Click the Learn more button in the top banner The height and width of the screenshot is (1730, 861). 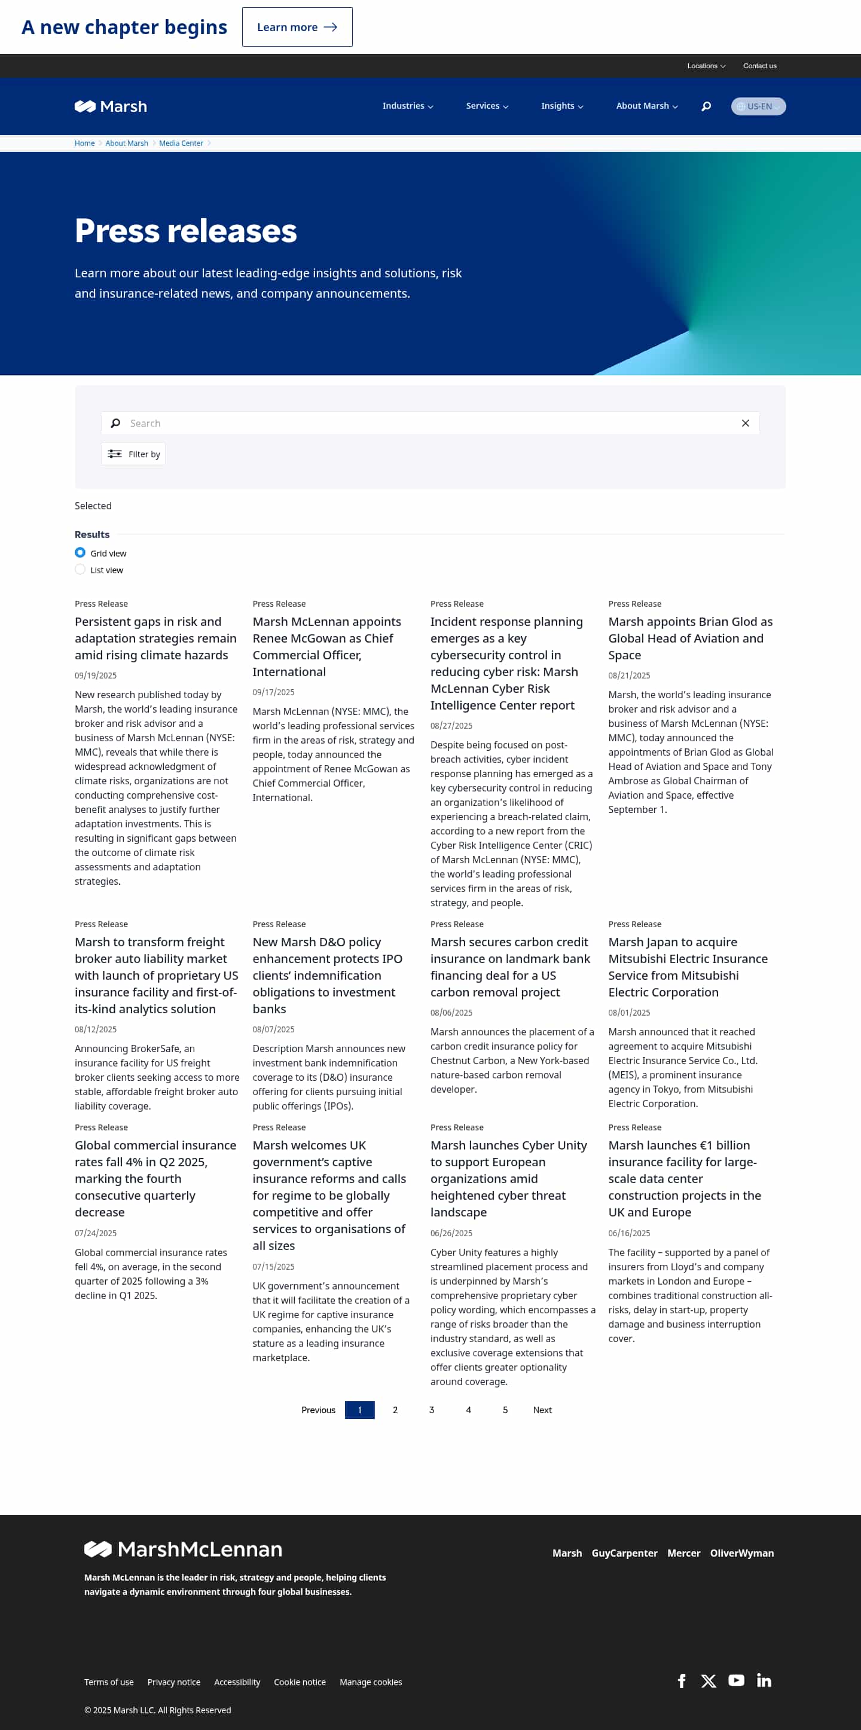click(297, 27)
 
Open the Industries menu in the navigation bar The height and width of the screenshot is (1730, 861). click(407, 106)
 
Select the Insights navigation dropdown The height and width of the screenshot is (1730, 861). click(561, 106)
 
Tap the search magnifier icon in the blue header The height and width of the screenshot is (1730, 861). click(706, 106)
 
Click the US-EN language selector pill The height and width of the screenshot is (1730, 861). click(758, 106)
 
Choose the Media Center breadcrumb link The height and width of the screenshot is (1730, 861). click(181, 143)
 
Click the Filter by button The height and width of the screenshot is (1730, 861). click(134, 454)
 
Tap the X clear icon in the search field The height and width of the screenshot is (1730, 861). click(745, 423)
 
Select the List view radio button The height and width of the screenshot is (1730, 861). click(81, 570)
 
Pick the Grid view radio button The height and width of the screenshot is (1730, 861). click(81, 553)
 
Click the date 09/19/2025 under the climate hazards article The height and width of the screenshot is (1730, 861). click(96, 676)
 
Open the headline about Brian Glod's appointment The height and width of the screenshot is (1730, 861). click(690, 638)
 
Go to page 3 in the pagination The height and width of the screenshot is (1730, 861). click(431, 1410)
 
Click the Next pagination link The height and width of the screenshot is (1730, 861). click(542, 1410)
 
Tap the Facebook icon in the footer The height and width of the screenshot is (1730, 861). click(682, 1680)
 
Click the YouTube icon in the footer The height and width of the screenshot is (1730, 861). click(736, 1680)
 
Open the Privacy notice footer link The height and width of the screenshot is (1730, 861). click(174, 1682)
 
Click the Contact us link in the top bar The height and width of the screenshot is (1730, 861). click(759, 66)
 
